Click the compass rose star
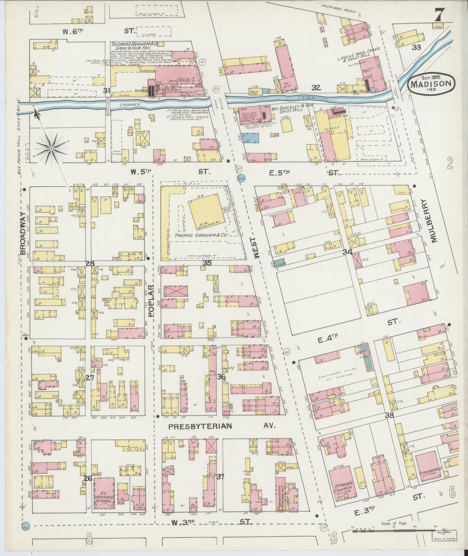51,149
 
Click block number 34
348,251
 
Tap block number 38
389,415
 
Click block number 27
90,378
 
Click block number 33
417,47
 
